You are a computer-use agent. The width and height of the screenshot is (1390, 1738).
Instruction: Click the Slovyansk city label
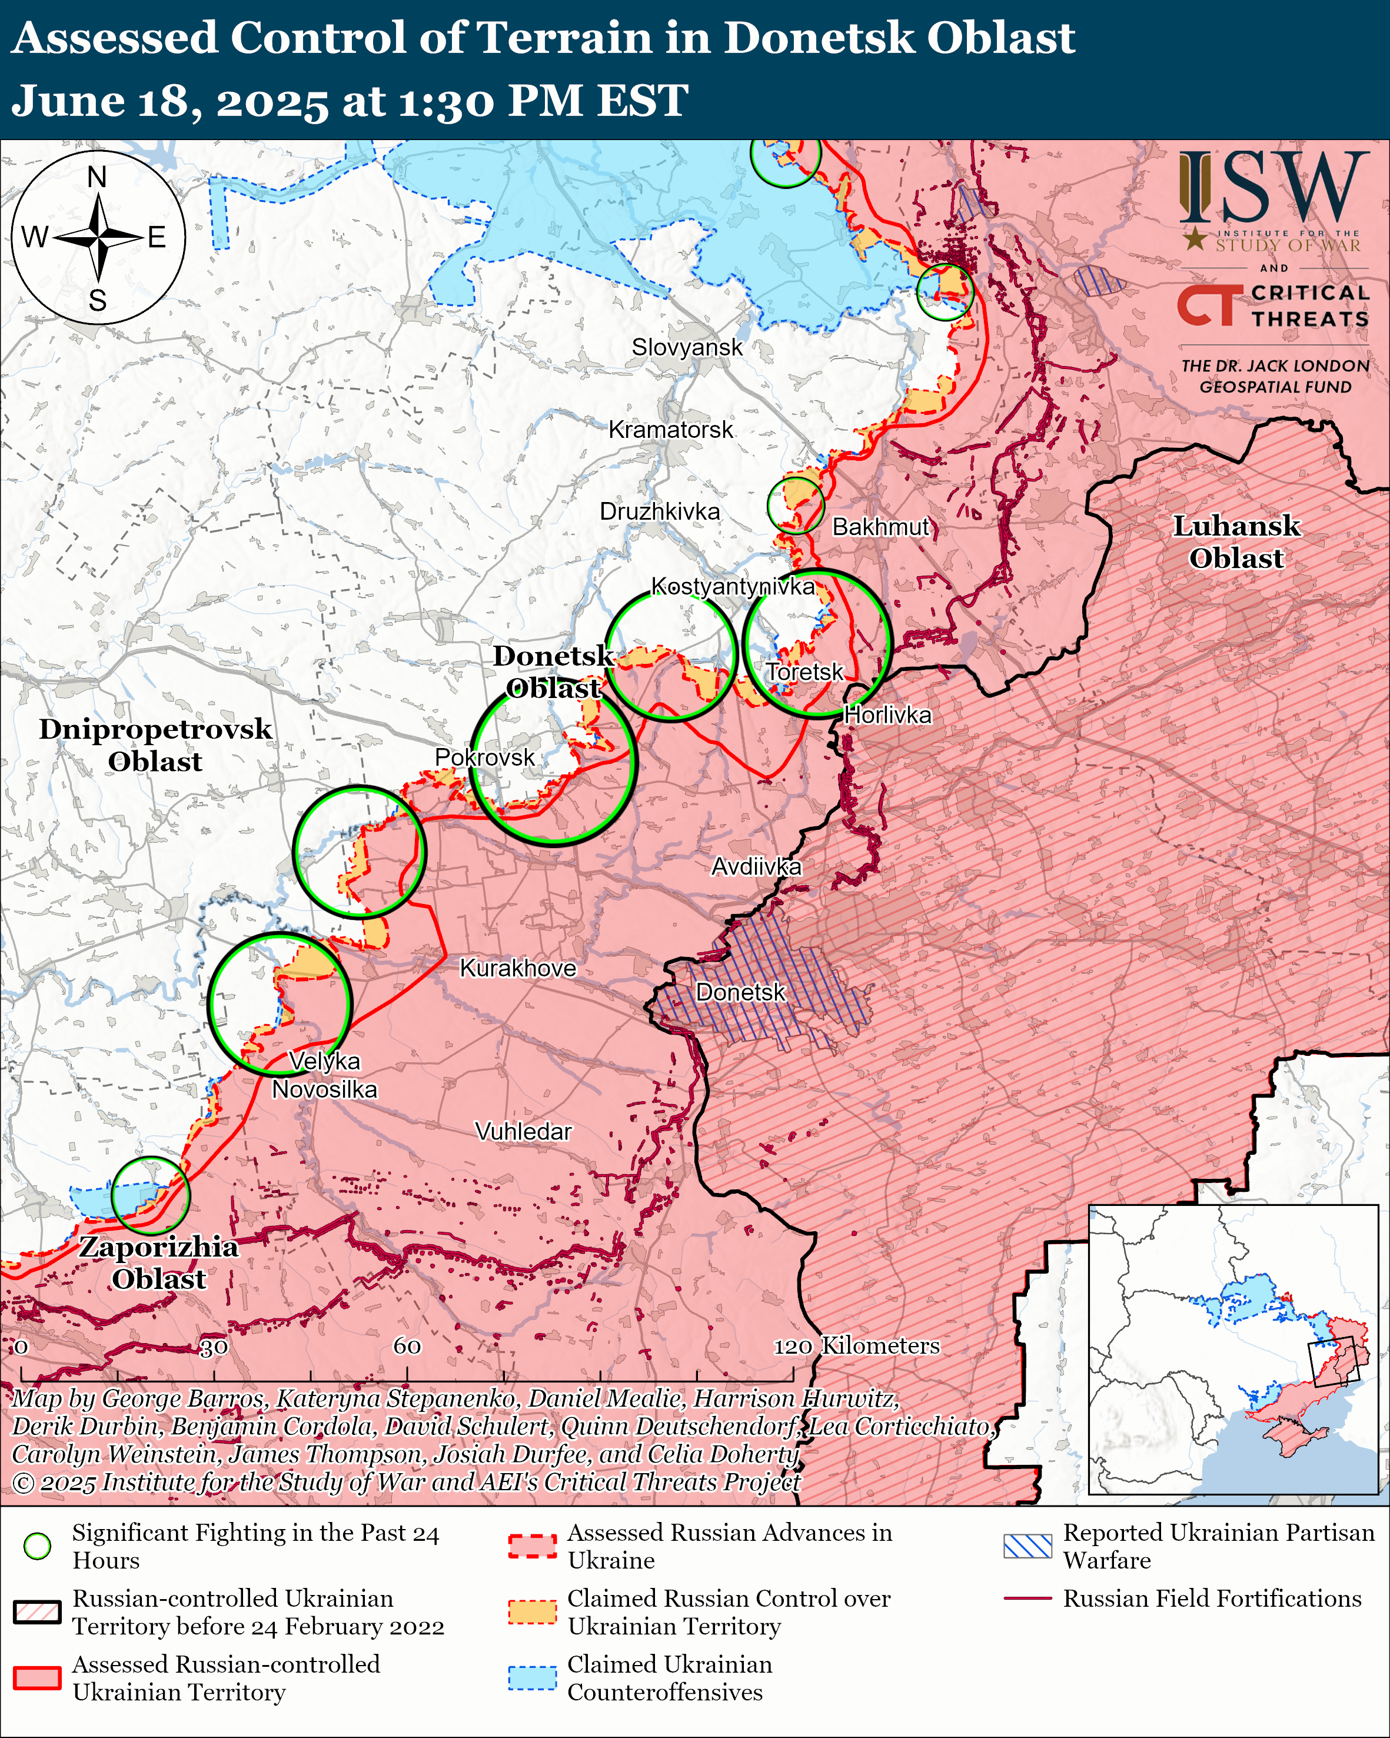point(687,347)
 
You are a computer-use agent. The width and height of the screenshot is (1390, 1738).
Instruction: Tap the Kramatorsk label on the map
point(670,430)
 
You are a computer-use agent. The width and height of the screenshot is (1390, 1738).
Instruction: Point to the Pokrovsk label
point(484,757)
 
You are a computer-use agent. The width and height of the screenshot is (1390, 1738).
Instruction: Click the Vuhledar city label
point(523,1131)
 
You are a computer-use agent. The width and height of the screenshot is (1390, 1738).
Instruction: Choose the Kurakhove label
point(517,968)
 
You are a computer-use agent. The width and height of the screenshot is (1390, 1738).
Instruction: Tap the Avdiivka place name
point(756,866)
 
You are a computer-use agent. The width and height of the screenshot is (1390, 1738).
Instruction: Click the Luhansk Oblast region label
point(1235,541)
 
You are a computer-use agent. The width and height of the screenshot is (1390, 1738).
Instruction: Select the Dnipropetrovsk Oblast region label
point(155,745)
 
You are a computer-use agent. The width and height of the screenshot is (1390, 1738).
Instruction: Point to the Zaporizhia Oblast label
point(159,1262)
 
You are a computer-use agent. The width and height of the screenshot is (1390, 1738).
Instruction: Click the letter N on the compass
point(97,177)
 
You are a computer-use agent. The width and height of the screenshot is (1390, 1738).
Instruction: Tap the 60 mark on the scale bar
point(407,1346)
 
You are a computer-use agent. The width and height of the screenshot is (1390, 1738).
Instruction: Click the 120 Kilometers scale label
point(857,1345)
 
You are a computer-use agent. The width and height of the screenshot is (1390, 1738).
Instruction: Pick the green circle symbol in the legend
point(37,1546)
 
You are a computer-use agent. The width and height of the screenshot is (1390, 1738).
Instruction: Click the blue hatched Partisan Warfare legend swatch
point(1027,1546)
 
